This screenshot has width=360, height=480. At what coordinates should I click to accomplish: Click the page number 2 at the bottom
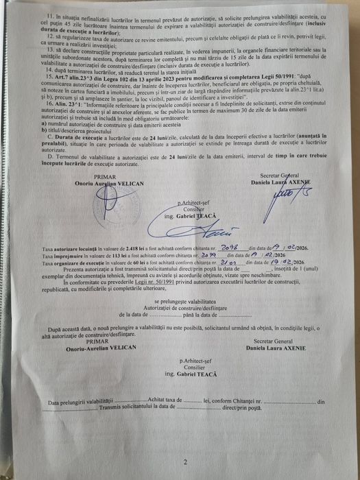184,461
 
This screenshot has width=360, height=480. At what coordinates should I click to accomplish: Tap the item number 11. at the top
49,14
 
